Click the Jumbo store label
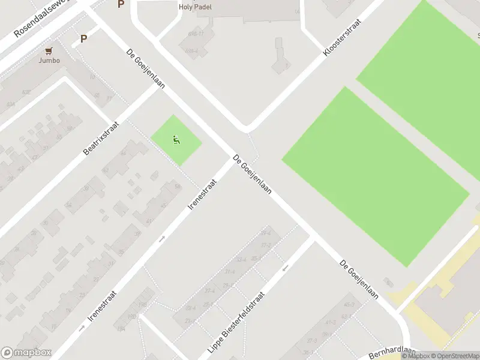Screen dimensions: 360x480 (49, 60)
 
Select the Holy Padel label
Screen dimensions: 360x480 (195, 7)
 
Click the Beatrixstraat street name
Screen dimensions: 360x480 (101, 138)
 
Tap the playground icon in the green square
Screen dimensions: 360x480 (176, 140)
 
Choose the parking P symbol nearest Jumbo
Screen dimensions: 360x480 (83, 39)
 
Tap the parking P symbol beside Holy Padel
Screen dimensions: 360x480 (121, 4)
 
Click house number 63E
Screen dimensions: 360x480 (26, 92)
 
